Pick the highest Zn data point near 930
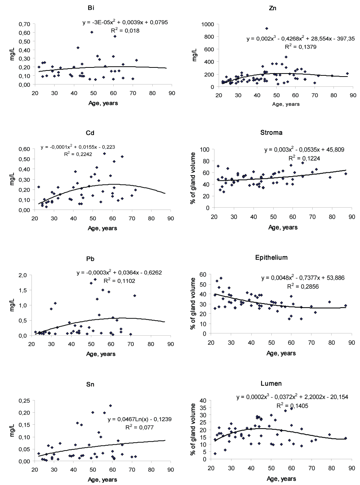pyautogui.click(x=267, y=28)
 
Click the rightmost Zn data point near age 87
pyautogui.click(x=347, y=74)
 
